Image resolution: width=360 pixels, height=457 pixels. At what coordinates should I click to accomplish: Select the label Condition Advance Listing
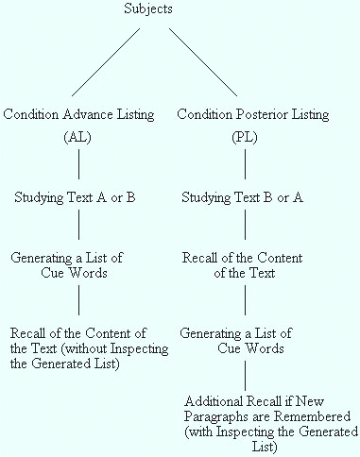(x=79, y=114)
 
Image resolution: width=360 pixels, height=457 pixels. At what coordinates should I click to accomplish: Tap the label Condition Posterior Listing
(x=253, y=114)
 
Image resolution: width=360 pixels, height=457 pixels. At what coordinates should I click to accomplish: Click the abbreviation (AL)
(x=78, y=137)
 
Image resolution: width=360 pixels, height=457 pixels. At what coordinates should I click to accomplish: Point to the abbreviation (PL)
(x=245, y=137)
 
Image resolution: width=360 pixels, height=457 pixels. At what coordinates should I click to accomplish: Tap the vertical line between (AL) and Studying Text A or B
(x=78, y=165)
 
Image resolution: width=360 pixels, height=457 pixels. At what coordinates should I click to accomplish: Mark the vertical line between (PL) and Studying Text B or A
(x=245, y=165)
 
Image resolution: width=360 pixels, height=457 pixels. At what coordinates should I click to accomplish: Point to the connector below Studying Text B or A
(x=245, y=225)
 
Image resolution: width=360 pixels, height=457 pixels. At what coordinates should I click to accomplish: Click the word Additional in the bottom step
(x=214, y=399)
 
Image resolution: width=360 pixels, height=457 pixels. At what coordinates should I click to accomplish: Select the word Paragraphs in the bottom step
(x=218, y=415)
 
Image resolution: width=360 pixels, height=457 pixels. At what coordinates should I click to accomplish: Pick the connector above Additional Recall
(x=245, y=375)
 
